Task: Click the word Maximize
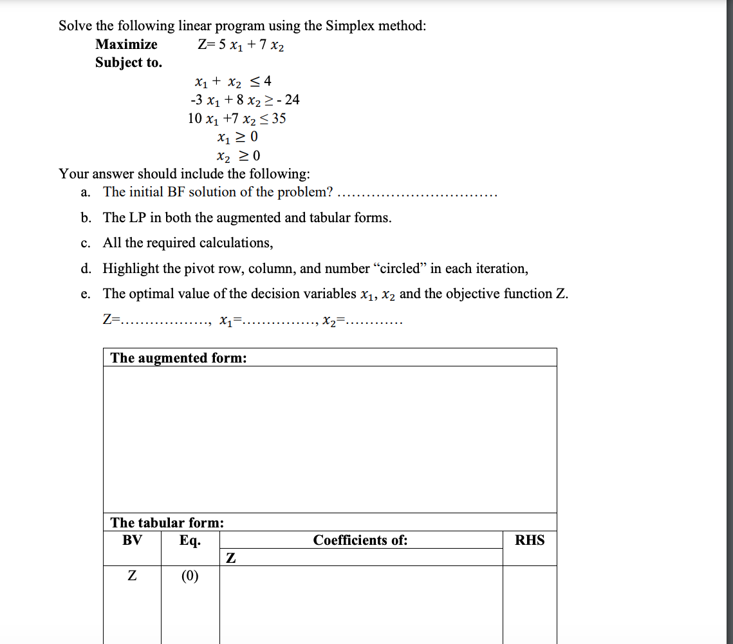(x=126, y=44)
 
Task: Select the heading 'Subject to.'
(x=129, y=62)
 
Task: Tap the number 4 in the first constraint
(x=267, y=81)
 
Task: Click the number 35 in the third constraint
(x=279, y=118)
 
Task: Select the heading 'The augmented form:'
(x=178, y=358)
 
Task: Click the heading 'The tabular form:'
(x=167, y=522)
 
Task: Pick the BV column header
(x=132, y=540)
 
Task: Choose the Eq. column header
(x=190, y=540)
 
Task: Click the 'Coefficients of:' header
(x=360, y=540)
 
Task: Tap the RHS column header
(x=530, y=540)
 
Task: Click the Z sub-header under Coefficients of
(x=230, y=558)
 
